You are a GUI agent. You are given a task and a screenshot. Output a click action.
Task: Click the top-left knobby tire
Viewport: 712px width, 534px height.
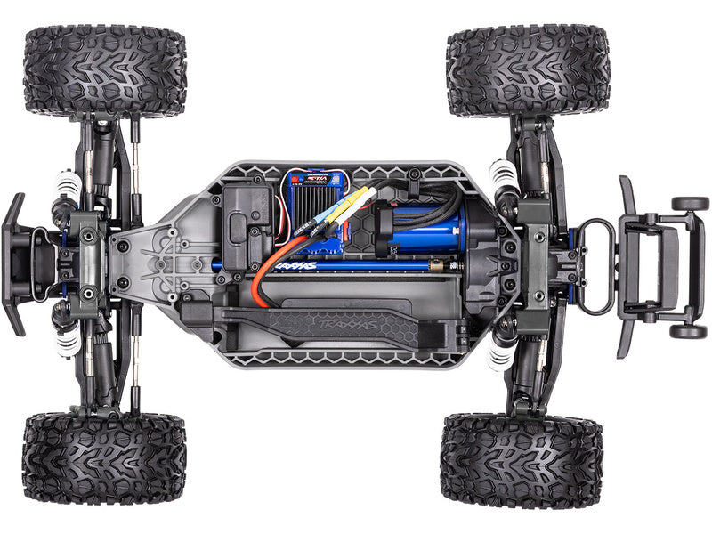coord(105,71)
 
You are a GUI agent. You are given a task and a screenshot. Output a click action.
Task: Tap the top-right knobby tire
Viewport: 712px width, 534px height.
coord(528,71)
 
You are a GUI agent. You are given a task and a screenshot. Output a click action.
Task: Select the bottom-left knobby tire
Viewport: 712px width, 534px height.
coord(104,458)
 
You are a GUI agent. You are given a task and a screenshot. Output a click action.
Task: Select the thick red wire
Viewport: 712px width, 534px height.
coord(263,285)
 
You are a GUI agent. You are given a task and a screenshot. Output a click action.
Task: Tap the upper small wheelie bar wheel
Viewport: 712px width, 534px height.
coord(690,203)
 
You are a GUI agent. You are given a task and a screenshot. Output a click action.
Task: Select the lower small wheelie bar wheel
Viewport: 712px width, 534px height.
coord(688,331)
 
